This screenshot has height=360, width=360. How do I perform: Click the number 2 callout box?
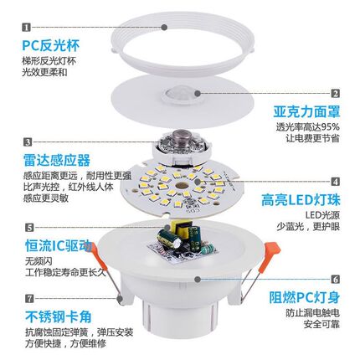(x=335, y=94)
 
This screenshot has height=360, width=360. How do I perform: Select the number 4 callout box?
(x=335, y=180)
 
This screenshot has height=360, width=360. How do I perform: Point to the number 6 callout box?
(x=335, y=279)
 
